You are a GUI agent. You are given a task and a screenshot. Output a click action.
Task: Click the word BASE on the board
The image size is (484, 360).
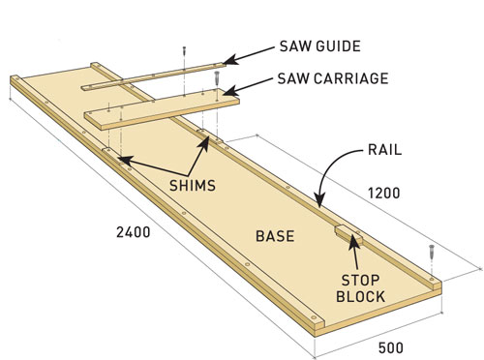274,235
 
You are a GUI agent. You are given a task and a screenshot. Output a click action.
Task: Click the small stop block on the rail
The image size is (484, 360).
346,233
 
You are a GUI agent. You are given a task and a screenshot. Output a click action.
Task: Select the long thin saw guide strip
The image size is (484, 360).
155,77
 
